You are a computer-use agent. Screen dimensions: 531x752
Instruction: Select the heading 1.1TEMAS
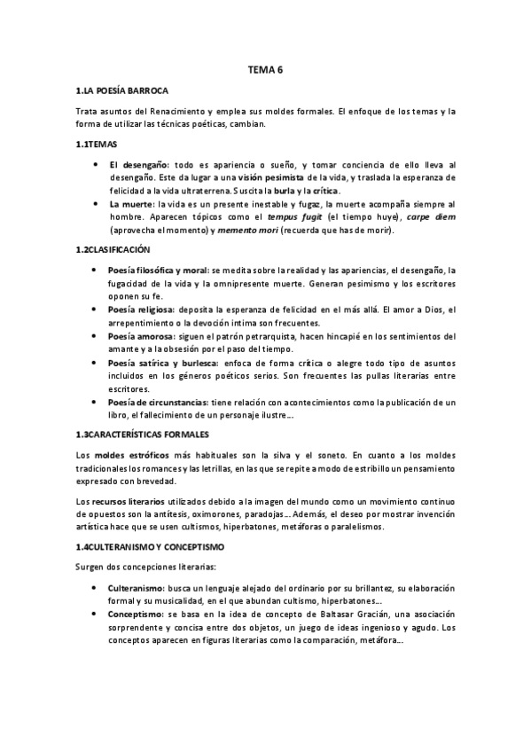98,144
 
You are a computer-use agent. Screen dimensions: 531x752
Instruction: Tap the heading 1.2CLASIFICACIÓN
113,251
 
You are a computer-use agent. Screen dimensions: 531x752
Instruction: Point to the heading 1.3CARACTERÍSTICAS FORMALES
143,433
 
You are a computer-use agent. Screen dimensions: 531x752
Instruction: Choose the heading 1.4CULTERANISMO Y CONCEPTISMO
150,548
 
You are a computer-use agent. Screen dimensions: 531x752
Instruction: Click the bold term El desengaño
138,165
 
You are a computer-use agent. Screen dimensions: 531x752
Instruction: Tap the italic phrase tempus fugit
321,216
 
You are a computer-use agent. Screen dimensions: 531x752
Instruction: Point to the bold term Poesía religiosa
142,309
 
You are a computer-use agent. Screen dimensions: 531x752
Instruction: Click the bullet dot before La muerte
95,204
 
